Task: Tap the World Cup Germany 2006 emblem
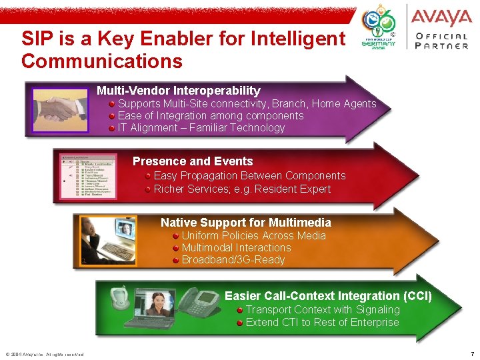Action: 378,29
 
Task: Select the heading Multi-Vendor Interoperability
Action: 179,90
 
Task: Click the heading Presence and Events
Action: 193,161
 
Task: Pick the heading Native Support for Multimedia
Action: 245,223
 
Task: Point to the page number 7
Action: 472,353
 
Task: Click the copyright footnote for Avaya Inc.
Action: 44,354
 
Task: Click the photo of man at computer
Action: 108,241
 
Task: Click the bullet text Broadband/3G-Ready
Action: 233,260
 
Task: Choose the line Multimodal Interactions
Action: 236,248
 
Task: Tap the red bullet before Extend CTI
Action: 239,323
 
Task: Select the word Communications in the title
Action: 102,61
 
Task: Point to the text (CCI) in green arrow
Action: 417,296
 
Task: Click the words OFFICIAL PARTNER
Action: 441,41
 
